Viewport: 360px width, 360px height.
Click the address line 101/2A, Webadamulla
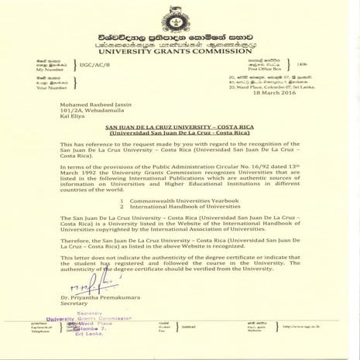point(90,112)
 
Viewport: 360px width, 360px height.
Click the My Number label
point(46,68)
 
